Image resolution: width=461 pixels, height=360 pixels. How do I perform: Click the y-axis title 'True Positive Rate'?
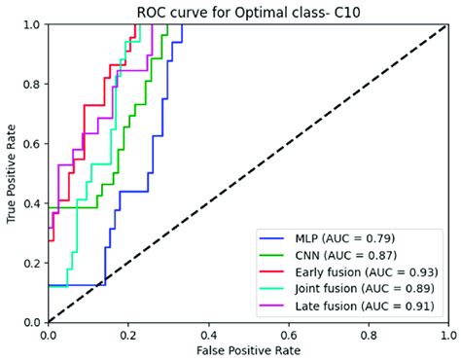tap(12, 174)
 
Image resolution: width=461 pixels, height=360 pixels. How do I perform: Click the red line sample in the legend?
tap(270, 271)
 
